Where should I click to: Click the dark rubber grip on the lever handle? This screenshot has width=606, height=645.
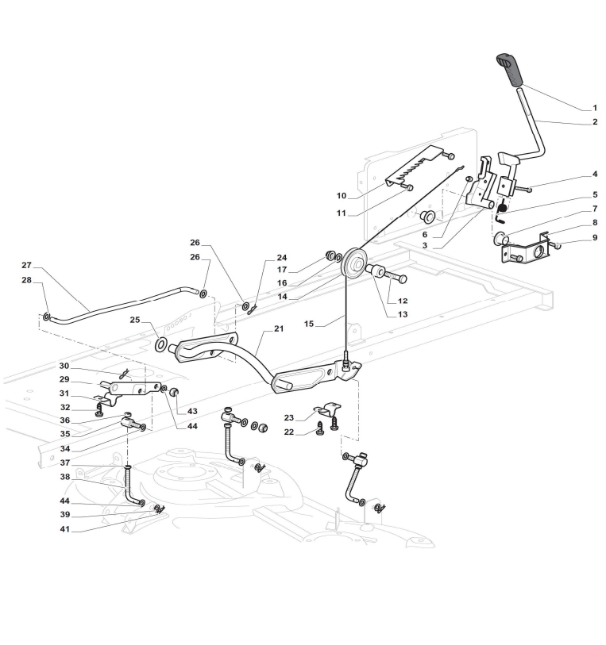(509, 69)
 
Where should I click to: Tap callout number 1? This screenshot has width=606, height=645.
(594, 108)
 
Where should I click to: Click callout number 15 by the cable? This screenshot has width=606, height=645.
(309, 324)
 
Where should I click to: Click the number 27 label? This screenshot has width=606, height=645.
(26, 265)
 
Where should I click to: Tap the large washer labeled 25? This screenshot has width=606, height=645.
(161, 344)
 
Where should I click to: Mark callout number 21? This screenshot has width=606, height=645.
(279, 328)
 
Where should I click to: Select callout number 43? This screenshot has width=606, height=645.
(192, 411)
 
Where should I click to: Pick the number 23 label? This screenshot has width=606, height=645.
(289, 417)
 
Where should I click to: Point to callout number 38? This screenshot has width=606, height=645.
(65, 477)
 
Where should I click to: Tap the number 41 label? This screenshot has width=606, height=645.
(65, 529)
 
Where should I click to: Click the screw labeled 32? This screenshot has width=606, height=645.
(98, 409)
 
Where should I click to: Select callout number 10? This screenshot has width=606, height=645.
(342, 195)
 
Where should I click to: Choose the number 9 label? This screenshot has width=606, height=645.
(594, 238)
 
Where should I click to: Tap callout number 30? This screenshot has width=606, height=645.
(64, 366)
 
